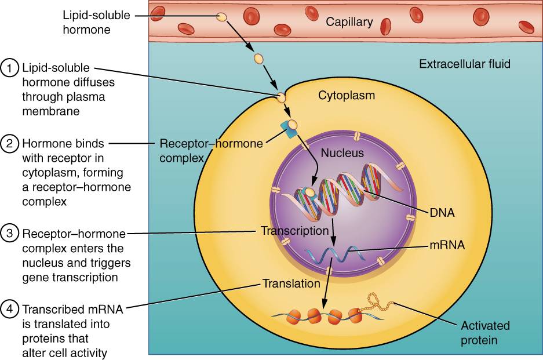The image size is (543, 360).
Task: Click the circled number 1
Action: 10,68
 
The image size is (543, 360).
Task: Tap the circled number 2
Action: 10,143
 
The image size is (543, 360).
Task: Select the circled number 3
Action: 10,234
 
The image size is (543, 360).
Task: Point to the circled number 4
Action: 10,308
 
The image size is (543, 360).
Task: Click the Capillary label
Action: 349,22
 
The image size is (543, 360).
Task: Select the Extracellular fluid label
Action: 465,63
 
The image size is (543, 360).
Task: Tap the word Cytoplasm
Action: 347,95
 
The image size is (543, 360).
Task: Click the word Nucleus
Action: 344,153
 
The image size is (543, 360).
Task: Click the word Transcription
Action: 294,231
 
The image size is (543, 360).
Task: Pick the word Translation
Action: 291,283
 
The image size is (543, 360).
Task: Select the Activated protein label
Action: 479,332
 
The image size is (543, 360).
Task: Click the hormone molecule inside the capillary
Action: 221,17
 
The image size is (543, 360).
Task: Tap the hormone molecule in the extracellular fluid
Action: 258,59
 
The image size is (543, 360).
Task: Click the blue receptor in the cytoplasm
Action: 287,129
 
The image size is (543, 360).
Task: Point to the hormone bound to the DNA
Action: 311,191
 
